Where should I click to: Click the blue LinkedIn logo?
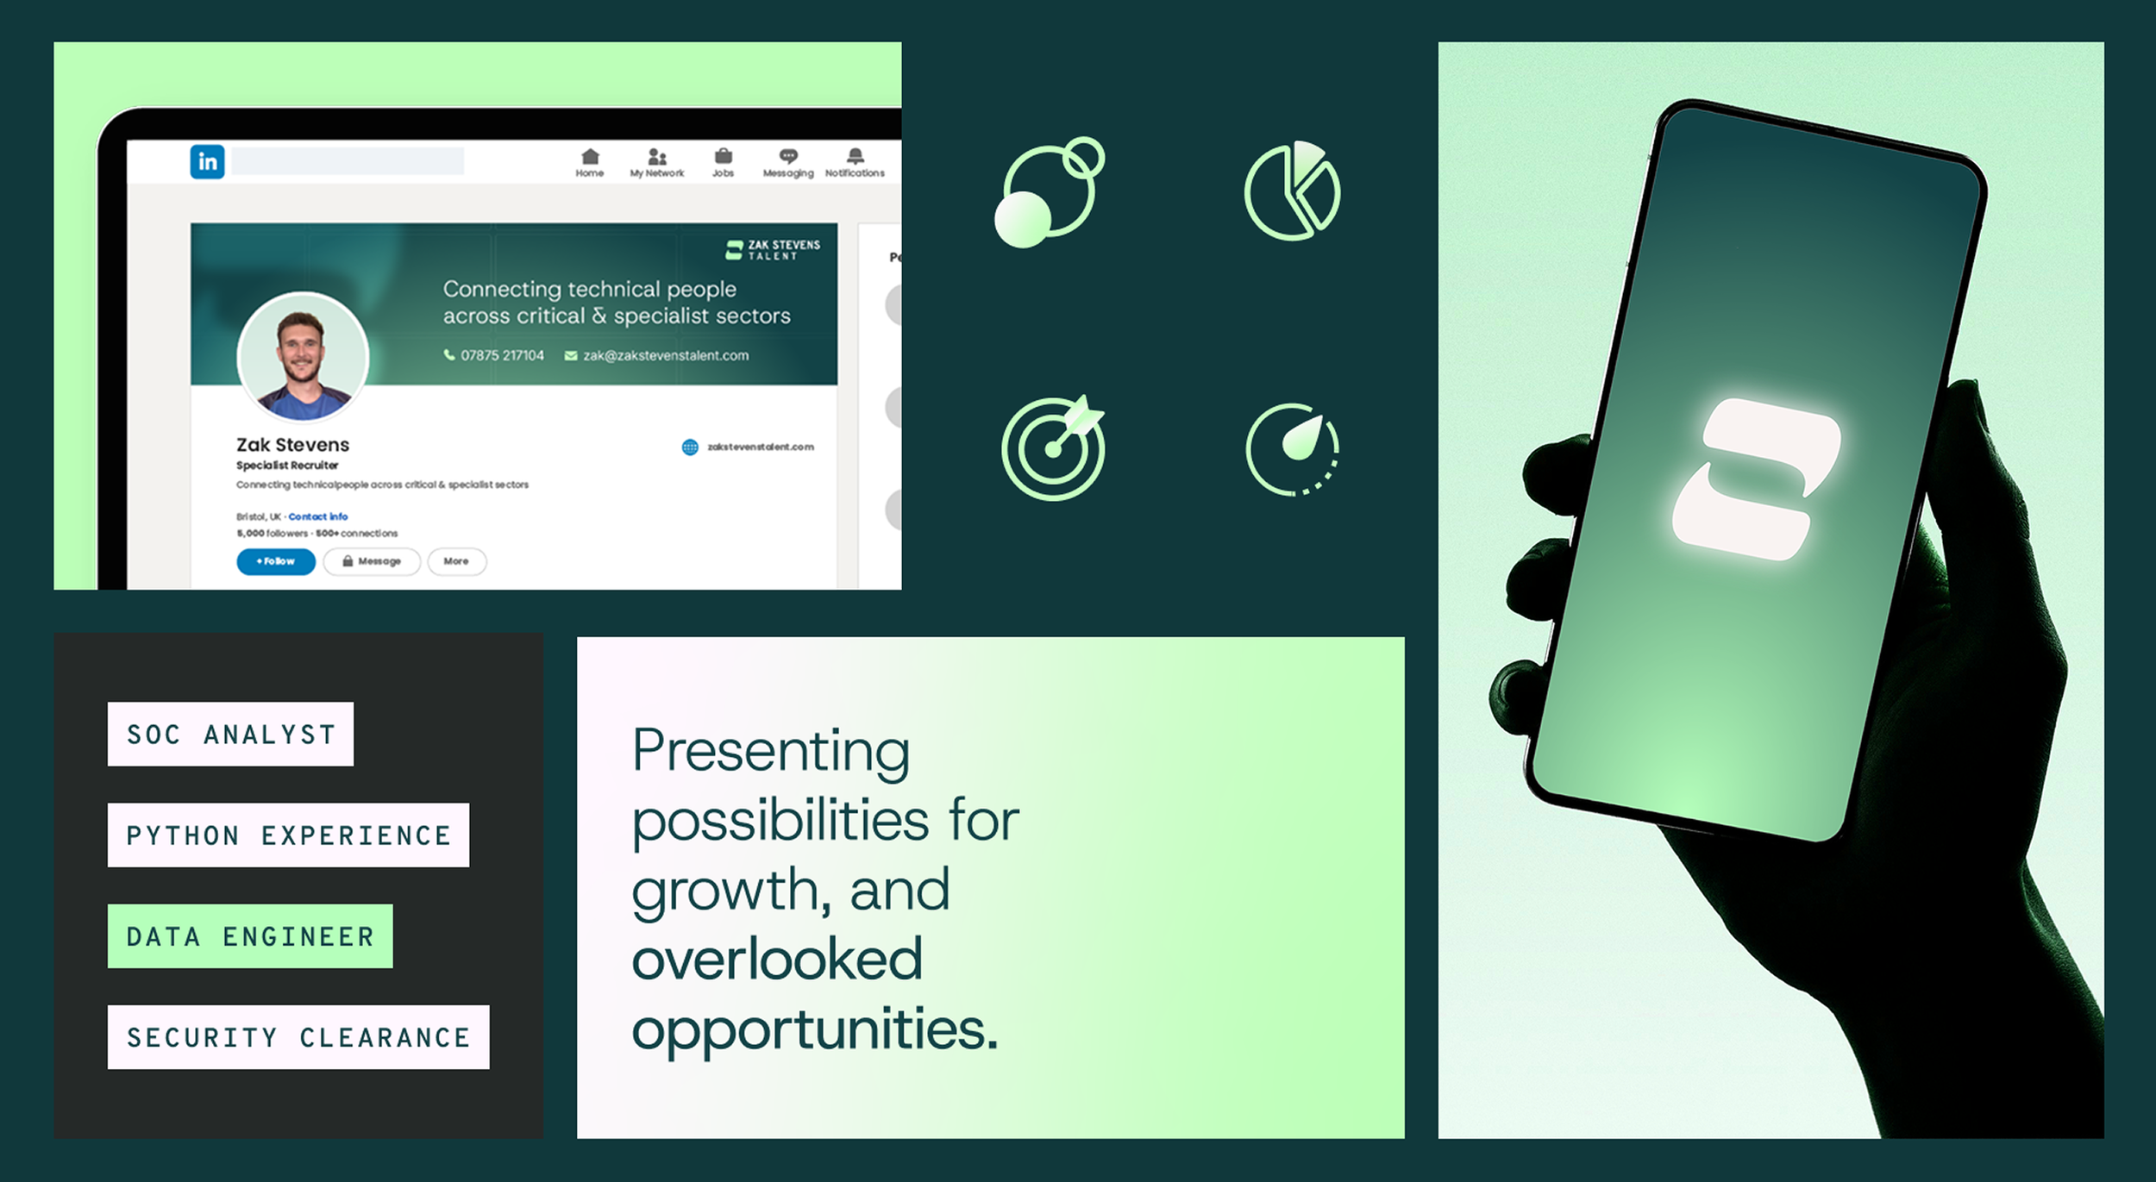click(x=207, y=161)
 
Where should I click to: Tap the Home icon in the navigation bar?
click(x=590, y=157)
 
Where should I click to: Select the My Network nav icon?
click(x=657, y=157)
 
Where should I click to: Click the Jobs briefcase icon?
click(x=723, y=156)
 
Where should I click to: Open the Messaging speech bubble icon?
click(x=788, y=156)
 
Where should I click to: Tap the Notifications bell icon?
click(x=855, y=156)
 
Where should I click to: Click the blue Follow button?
click(x=276, y=561)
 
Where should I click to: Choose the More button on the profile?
click(x=456, y=561)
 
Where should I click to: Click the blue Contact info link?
click(x=317, y=516)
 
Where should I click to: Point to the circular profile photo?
click(x=303, y=358)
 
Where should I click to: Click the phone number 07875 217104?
click(x=502, y=355)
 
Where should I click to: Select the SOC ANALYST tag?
click(x=230, y=734)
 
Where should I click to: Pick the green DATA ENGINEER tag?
click(x=250, y=936)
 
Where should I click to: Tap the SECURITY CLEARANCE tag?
click(x=298, y=1037)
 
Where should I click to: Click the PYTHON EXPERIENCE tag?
click(x=288, y=835)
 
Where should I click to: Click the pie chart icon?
click(x=1292, y=191)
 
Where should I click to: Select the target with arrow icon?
click(x=1053, y=448)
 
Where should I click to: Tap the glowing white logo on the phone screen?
click(x=1756, y=479)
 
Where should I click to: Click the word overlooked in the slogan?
click(x=777, y=959)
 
